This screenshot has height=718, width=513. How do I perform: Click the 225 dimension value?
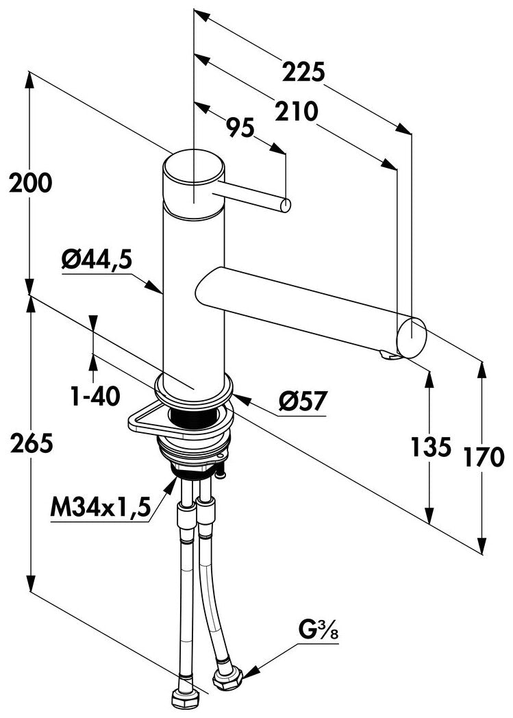303,72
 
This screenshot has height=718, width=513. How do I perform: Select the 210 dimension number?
296,111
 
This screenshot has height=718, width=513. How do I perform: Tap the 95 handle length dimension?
240,127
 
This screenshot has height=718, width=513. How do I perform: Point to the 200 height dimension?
31,183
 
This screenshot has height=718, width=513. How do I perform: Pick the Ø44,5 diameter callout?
97,260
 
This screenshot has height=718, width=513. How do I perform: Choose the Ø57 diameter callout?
303,401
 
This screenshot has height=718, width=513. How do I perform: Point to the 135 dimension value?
431,447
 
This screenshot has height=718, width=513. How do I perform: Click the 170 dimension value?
484,456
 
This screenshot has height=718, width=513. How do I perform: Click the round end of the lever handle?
285,206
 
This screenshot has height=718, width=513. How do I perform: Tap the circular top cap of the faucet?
194,166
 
